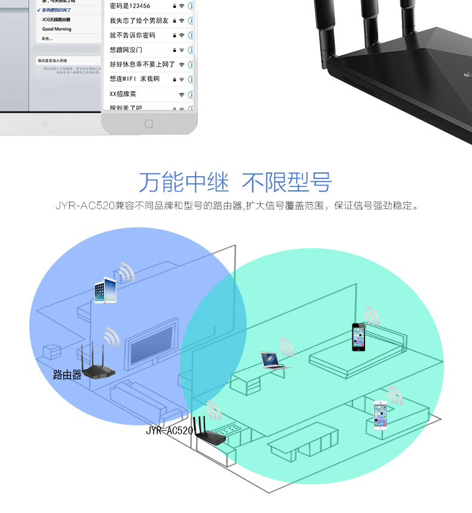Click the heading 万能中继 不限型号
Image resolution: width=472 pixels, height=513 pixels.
pyautogui.click(x=235, y=183)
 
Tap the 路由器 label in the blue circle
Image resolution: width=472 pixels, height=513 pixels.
pyautogui.click(x=67, y=375)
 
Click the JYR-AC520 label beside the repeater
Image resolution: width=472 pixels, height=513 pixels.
pyautogui.click(x=169, y=430)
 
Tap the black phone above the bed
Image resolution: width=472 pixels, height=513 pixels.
pyautogui.click(x=358, y=337)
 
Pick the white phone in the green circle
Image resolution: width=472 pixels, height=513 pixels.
pyautogui.click(x=381, y=415)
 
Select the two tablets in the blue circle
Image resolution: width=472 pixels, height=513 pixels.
pyautogui.click(x=106, y=291)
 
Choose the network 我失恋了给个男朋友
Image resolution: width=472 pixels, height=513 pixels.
pyautogui.click(x=139, y=21)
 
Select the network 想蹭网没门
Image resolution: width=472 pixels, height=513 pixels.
pyautogui.click(x=126, y=50)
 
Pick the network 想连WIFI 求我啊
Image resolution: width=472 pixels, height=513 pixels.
pyautogui.click(x=134, y=79)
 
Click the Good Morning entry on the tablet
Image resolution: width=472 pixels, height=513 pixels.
pyautogui.click(x=57, y=29)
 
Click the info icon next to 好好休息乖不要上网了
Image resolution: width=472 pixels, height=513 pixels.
pyautogui.click(x=191, y=64)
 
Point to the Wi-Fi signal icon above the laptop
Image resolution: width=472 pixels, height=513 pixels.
pyautogui.click(x=286, y=345)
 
